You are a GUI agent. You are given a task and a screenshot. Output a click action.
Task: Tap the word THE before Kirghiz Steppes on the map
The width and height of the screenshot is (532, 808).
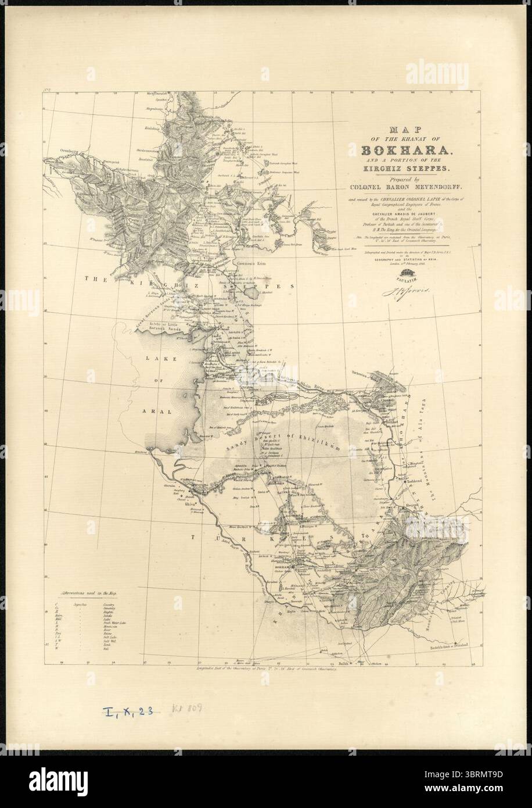coord(93,279)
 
